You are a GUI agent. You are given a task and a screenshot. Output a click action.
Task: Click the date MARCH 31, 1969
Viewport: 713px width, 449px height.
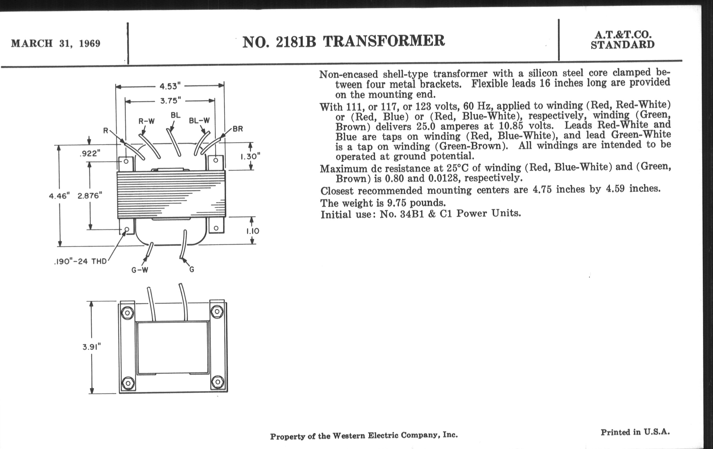56,43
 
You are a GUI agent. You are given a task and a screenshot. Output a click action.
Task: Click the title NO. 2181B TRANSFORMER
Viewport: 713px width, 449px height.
344,41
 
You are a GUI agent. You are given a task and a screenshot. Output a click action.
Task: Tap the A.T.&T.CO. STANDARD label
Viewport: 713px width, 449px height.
623,40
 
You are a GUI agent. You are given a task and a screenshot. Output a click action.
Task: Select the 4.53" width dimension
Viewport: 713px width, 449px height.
170,86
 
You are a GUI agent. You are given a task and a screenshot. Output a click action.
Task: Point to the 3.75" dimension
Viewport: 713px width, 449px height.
170,101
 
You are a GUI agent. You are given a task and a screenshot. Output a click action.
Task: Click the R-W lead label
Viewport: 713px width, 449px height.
147,121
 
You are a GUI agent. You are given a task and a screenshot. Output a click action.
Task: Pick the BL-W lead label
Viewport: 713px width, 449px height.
199,121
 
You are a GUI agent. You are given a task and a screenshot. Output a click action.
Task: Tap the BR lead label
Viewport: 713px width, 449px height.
238,129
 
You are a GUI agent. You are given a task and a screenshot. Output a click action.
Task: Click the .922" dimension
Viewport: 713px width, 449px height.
90,153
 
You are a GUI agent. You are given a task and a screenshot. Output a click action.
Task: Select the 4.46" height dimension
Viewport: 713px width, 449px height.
59,196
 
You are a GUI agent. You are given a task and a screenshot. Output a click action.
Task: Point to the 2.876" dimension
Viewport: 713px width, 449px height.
90,196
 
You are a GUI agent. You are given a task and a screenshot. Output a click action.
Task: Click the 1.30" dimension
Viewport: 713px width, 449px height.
250,156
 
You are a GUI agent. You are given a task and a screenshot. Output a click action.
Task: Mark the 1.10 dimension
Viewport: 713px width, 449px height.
253,231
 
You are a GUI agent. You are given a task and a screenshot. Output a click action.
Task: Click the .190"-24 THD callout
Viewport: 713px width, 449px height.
80,262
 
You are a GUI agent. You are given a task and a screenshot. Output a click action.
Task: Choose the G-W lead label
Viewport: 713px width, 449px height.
140,270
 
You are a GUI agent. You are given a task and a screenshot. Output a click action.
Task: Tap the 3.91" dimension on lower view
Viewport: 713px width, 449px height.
92,347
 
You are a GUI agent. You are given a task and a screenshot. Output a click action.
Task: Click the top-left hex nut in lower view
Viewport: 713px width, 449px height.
128,313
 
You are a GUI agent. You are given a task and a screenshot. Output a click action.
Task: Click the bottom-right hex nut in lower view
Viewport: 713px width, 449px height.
218,382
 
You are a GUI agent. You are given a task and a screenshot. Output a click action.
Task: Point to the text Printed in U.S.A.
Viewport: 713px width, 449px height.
635,432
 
